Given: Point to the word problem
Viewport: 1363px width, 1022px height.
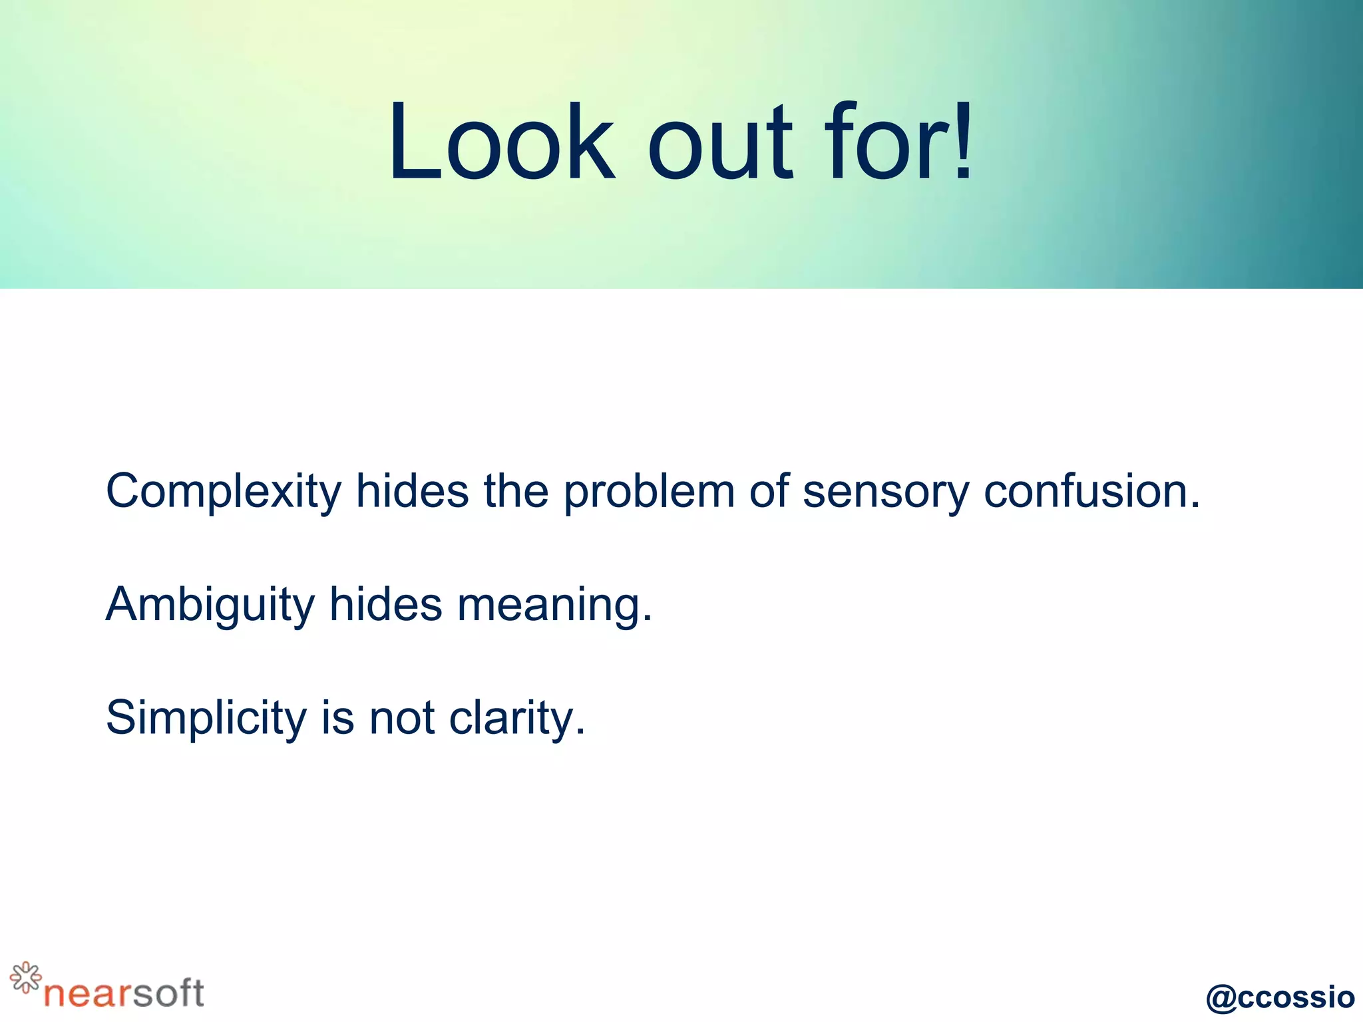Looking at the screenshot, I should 649,493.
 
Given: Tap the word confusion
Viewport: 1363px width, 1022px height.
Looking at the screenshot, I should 1091,492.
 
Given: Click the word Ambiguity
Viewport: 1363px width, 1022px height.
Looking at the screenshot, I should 210,606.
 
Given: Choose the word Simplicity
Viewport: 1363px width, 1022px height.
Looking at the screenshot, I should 206,719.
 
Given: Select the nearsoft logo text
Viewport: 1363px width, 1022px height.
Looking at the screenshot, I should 124,993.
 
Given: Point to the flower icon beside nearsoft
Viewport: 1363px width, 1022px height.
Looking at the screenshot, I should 25,977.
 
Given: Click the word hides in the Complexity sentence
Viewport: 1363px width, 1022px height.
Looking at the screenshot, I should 413,492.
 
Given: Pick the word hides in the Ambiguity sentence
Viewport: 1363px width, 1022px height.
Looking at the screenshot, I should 386,605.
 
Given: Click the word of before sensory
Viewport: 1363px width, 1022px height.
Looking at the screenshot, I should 769,492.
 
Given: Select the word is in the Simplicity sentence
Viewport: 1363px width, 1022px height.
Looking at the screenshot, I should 337,718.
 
